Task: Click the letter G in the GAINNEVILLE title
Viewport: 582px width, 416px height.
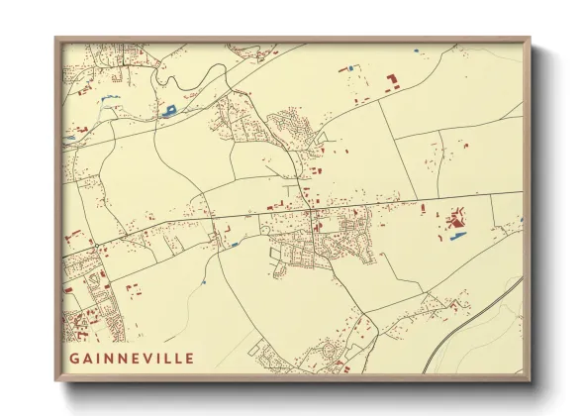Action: [x=75, y=358]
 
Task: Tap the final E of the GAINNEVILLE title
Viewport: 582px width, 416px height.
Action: [x=189, y=358]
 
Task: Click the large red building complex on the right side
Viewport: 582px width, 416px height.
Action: [x=457, y=217]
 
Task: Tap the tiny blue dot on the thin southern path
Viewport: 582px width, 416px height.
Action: [x=202, y=283]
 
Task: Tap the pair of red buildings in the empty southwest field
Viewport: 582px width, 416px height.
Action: [x=133, y=290]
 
